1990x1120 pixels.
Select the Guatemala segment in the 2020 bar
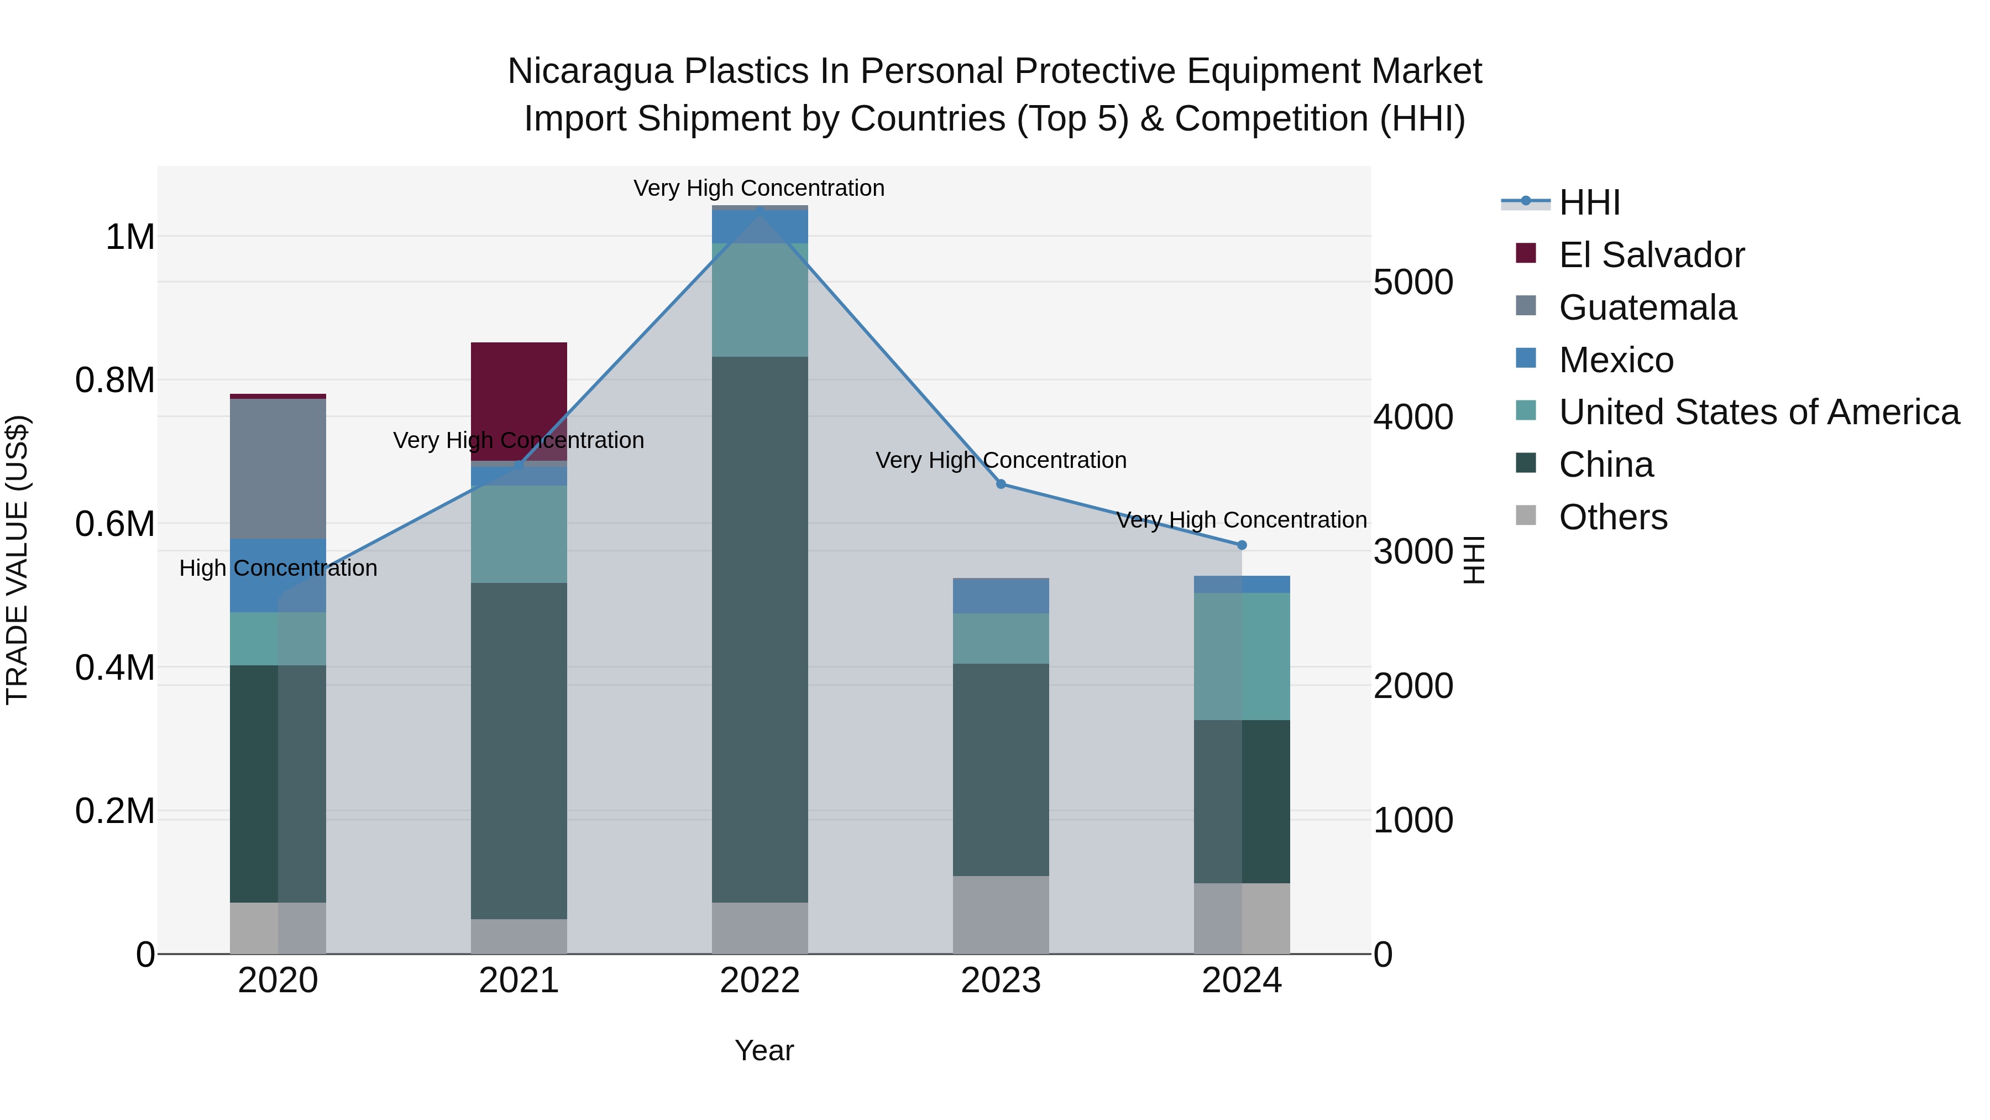(277, 468)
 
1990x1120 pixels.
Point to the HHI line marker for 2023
(1001, 484)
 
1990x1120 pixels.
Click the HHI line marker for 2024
(1242, 545)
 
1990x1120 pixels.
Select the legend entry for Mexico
(1615, 360)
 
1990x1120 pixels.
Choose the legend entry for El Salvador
(1651, 255)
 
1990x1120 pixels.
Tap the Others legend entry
(1612, 517)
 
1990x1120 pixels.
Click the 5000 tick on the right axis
(1413, 282)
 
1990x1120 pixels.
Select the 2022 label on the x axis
(760, 981)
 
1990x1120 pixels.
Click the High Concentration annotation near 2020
(278, 568)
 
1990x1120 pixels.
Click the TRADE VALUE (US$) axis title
(17, 560)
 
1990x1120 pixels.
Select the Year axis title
(764, 1050)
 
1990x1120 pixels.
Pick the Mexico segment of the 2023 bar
(1001, 595)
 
